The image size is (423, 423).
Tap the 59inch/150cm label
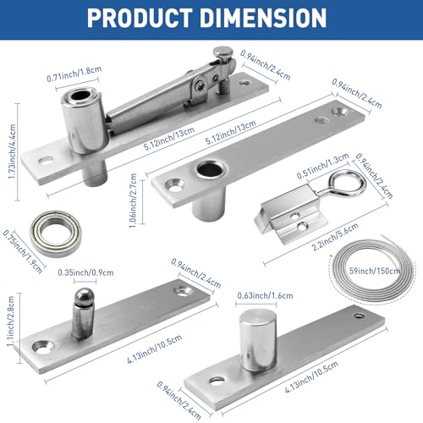[376, 272]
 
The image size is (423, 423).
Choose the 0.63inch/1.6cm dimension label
[256, 295]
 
